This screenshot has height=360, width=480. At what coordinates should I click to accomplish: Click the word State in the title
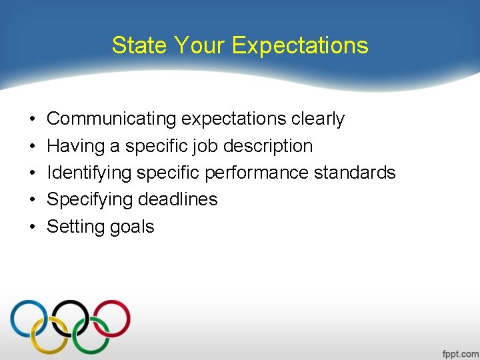(x=139, y=45)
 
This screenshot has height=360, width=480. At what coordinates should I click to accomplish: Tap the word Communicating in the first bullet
(x=111, y=119)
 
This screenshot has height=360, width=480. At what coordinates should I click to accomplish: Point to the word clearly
(x=318, y=119)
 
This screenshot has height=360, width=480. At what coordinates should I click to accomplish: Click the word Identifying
(x=89, y=173)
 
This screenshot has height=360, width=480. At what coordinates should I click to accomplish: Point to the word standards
(x=354, y=173)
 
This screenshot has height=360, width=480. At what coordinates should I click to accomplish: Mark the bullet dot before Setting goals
(x=33, y=227)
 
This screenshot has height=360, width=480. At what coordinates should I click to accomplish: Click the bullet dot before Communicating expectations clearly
(x=33, y=119)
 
